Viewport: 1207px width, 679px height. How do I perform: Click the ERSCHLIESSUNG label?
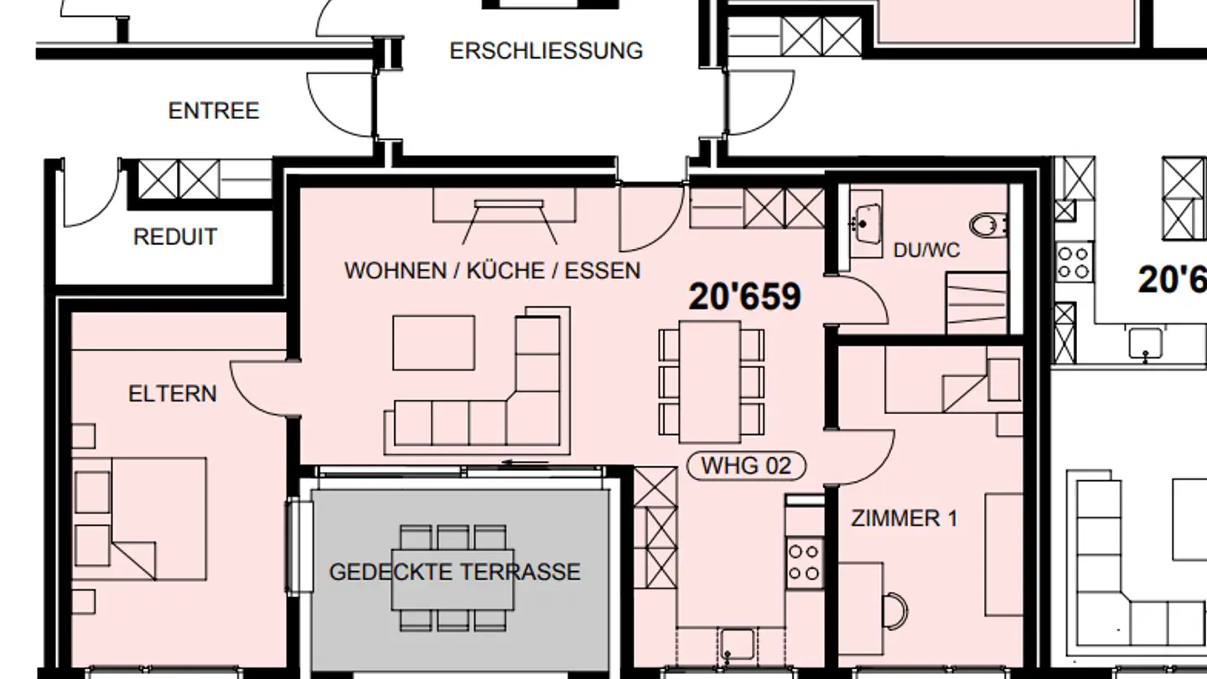(x=546, y=51)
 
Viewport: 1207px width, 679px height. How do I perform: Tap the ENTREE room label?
(x=214, y=111)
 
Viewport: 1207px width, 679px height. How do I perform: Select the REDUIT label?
(x=175, y=237)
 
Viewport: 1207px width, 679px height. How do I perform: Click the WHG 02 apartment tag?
(x=746, y=466)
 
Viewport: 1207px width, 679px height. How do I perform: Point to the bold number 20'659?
(x=744, y=297)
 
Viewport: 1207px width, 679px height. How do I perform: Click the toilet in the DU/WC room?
(x=988, y=224)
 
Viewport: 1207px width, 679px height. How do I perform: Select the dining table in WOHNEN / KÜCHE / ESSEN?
(x=710, y=381)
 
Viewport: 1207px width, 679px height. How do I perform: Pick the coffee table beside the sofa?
(x=433, y=342)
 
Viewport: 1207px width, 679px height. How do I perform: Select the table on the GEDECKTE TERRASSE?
(x=453, y=578)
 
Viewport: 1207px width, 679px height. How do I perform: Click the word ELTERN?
(x=172, y=394)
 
